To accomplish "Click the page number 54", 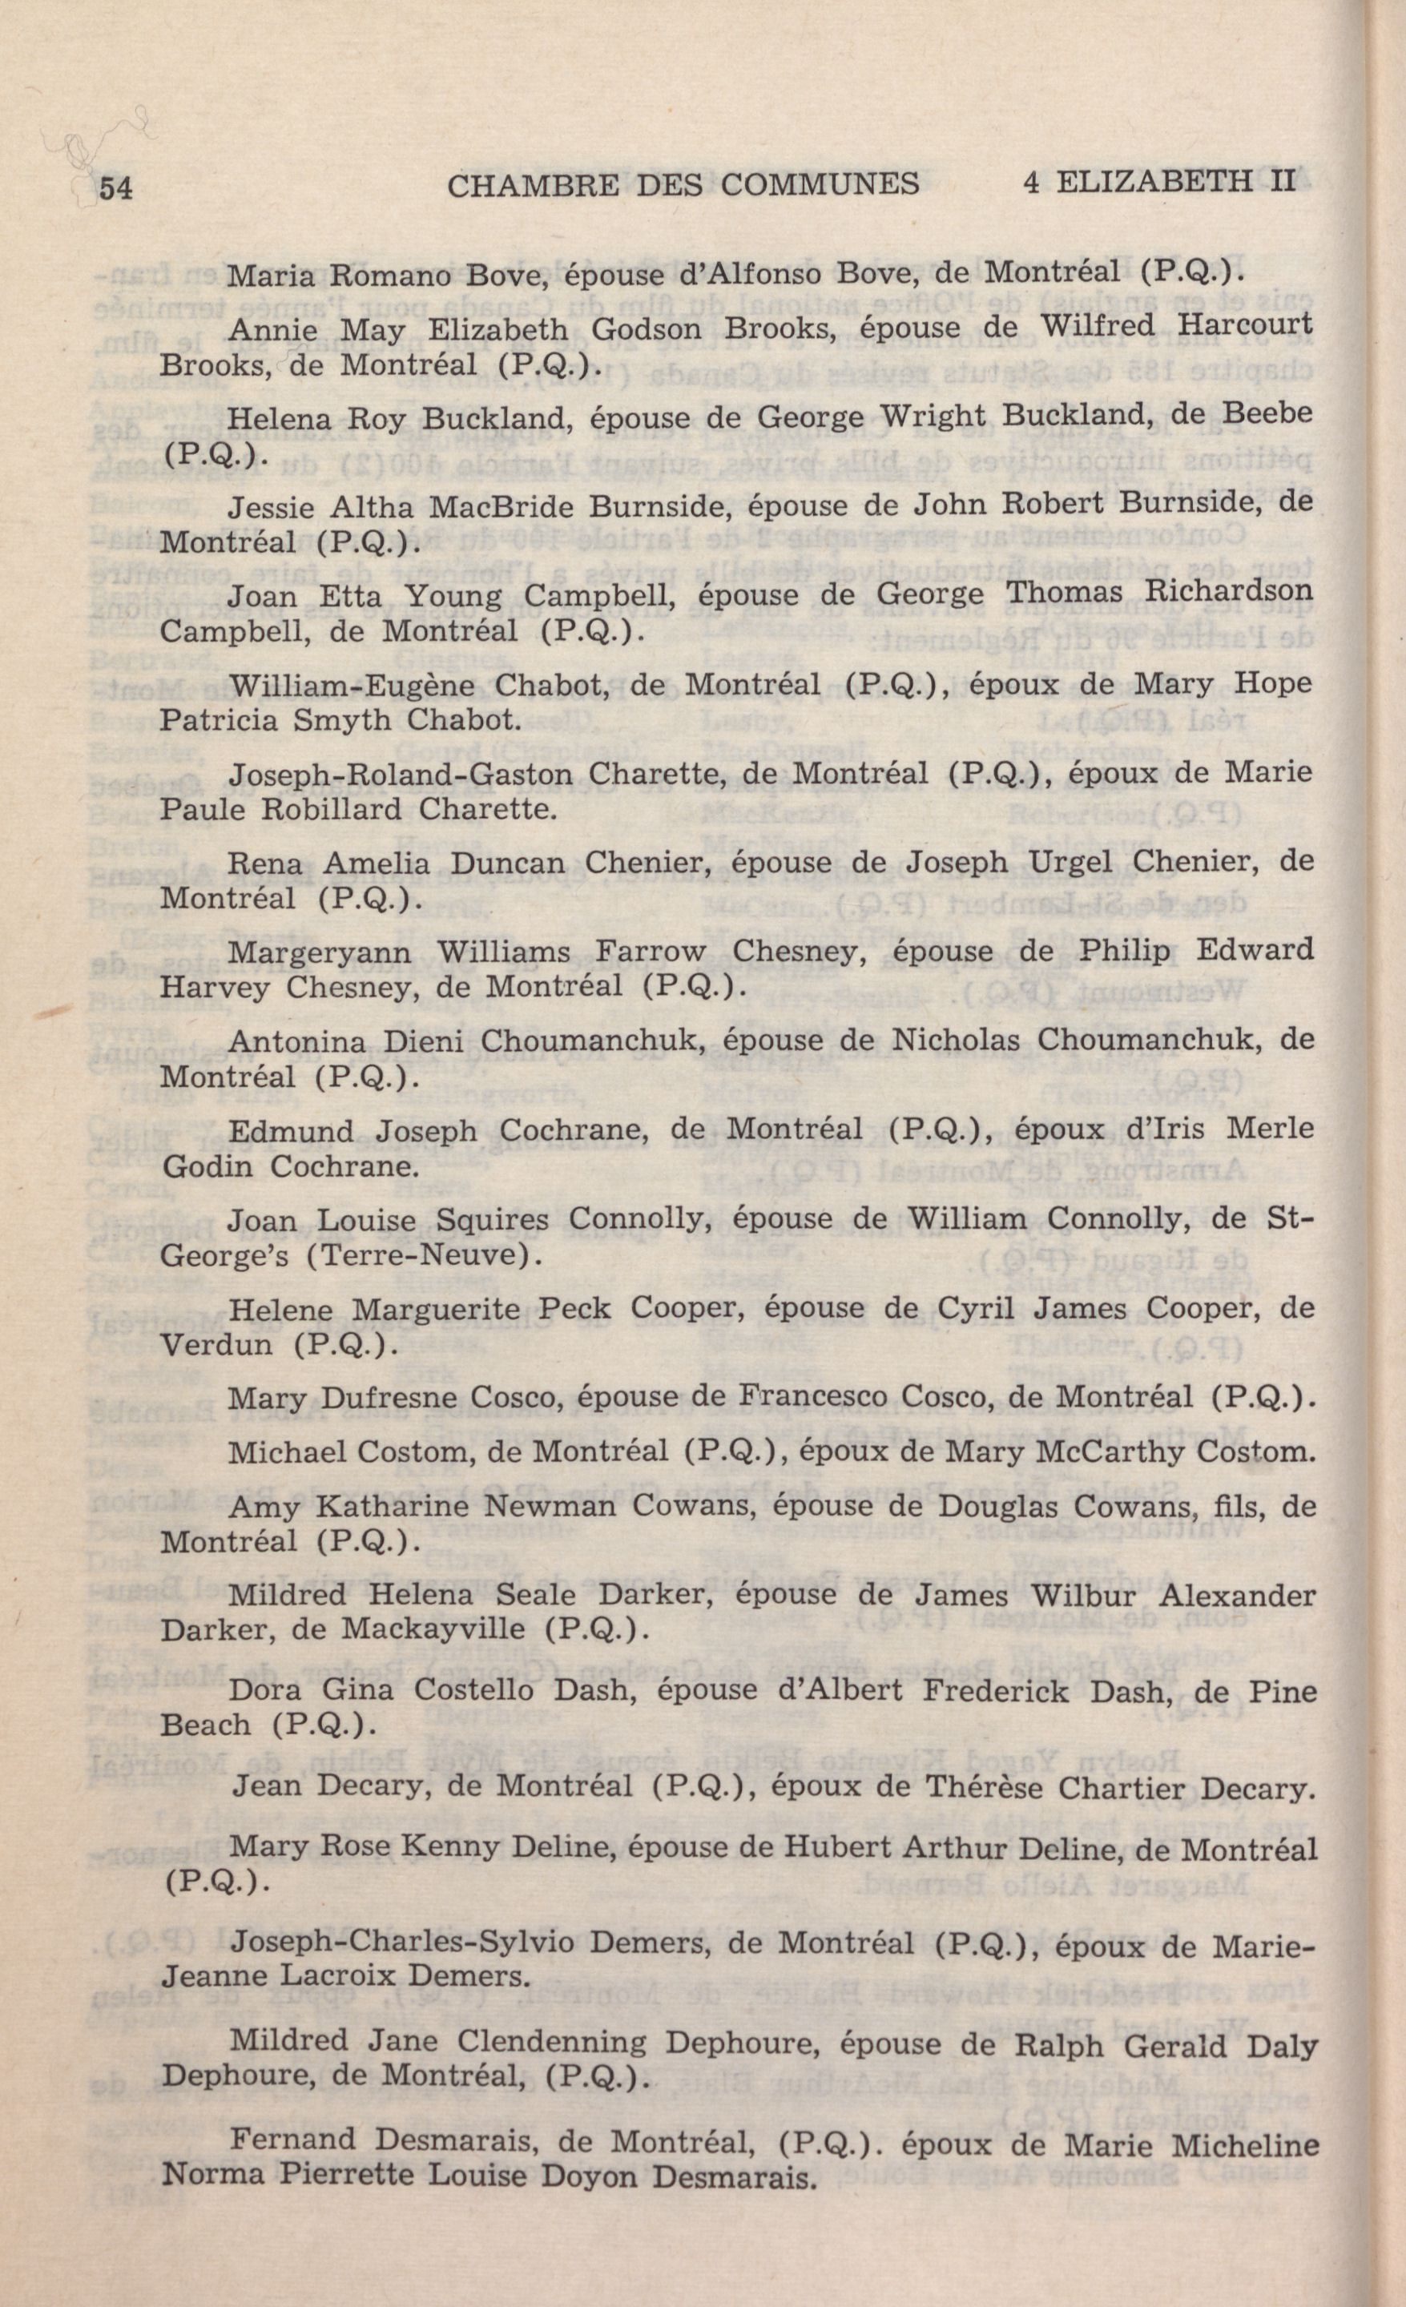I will pos(115,188).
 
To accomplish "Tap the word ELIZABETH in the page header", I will pos(1154,181).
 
